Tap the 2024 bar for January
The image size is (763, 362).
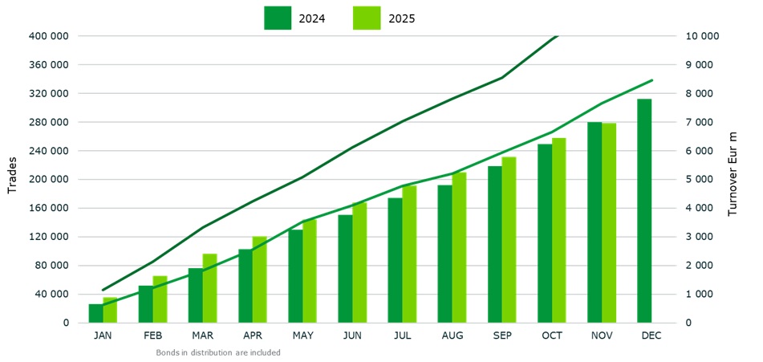pyautogui.click(x=95, y=313)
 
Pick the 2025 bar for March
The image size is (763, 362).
pyautogui.click(x=209, y=288)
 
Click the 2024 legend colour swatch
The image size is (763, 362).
pyautogui.click(x=278, y=18)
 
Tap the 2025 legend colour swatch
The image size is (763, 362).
pyautogui.click(x=367, y=18)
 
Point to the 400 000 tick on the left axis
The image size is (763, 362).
pyautogui.click(x=48, y=36)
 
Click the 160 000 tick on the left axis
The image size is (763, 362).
pyautogui.click(x=48, y=208)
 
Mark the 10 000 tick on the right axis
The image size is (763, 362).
pyautogui.click(x=701, y=36)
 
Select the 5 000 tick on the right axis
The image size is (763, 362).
pyautogui.click(x=698, y=180)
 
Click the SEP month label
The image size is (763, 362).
pyautogui.click(x=502, y=336)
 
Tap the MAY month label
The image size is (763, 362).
pyautogui.click(x=302, y=336)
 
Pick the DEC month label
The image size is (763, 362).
pyautogui.click(x=651, y=336)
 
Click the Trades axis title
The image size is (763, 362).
pyautogui.click(x=12, y=179)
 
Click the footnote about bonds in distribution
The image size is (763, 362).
pyautogui.click(x=217, y=352)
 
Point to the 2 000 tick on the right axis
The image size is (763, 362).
pyautogui.click(x=698, y=266)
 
